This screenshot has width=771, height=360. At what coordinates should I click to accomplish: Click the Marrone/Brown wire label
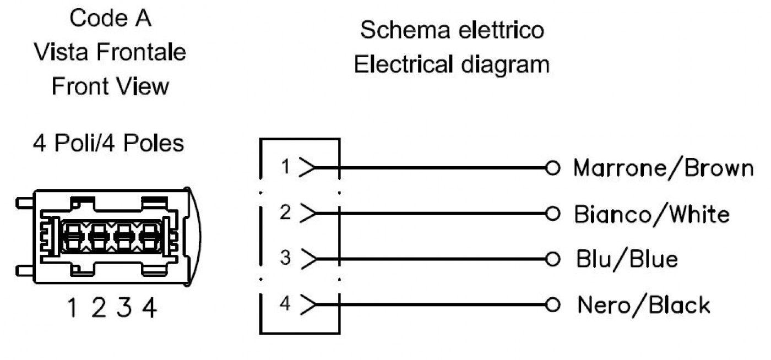point(663,168)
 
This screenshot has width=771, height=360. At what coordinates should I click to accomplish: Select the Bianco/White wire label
point(651,214)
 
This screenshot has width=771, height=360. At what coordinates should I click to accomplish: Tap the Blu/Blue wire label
point(627,259)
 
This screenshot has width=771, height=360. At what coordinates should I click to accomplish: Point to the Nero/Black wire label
point(644,305)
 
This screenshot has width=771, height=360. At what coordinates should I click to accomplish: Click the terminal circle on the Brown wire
point(552,168)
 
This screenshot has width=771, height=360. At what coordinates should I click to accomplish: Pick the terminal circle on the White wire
point(552,214)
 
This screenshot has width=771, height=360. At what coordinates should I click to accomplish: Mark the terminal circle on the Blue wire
point(552,259)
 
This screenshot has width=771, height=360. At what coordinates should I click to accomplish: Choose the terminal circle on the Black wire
point(552,305)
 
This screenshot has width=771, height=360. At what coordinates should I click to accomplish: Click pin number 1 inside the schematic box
point(285,167)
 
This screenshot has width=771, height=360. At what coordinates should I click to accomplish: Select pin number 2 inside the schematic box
point(285,212)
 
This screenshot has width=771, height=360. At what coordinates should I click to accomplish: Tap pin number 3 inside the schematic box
point(285,258)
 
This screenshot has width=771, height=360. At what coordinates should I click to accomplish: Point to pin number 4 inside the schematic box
point(285,303)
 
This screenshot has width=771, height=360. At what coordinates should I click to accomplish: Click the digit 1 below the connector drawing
point(72,307)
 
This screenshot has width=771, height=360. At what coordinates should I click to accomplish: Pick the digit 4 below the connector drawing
point(150,307)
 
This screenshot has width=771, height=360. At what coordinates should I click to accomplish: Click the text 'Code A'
point(110,18)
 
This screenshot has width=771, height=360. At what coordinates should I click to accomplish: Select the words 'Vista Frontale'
point(110,52)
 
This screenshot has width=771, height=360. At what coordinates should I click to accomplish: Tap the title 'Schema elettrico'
point(452,30)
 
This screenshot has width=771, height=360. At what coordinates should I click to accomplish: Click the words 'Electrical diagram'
point(452,66)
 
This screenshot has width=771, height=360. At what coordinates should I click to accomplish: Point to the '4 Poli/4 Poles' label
point(108,143)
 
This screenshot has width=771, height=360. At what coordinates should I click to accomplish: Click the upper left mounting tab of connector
point(25,203)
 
